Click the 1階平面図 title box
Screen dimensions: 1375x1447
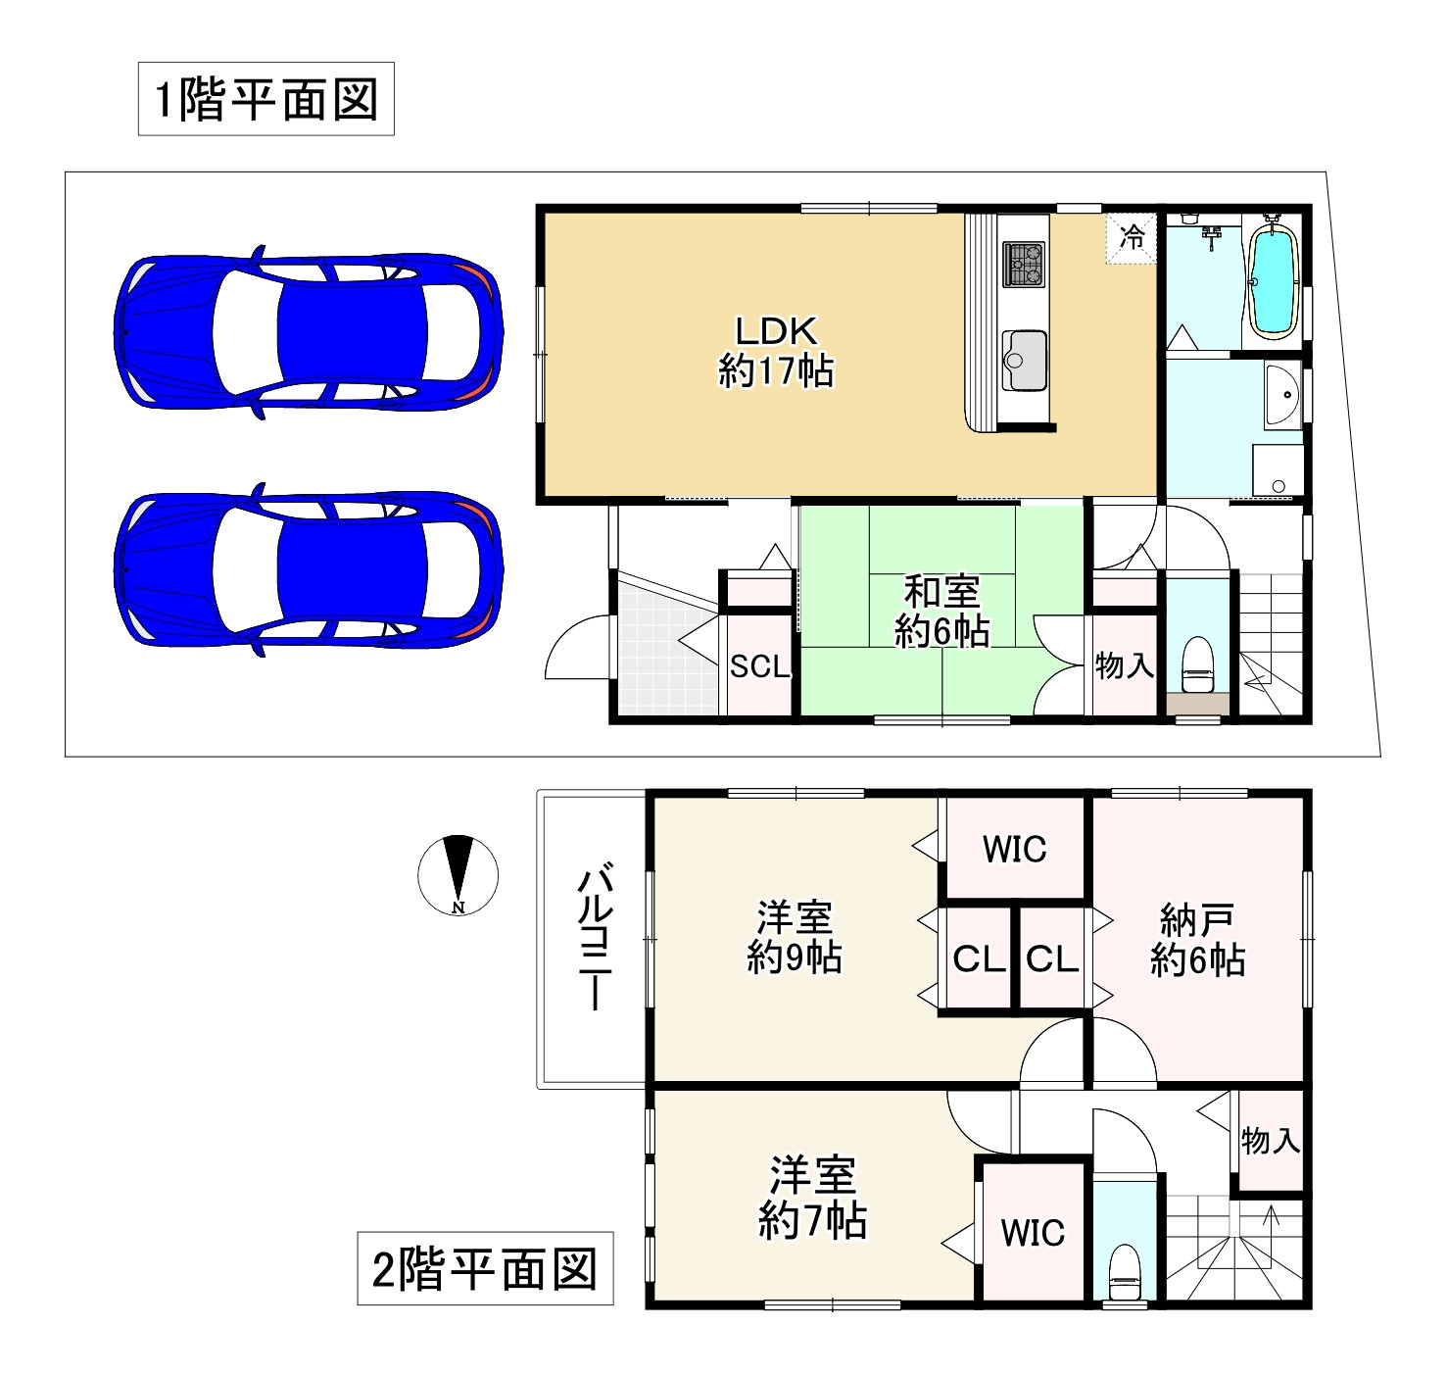pos(265,99)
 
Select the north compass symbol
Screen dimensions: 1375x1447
pos(458,874)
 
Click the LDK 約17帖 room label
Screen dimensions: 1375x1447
pos(776,351)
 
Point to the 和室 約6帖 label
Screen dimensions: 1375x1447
pos(941,612)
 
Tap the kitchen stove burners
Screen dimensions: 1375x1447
pos(1023,264)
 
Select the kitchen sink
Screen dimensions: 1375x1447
pos(1023,359)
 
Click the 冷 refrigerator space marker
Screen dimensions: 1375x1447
pos(1132,238)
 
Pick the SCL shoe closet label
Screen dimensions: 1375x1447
pos(760,666)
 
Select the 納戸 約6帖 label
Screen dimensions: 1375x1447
pos(1197,940)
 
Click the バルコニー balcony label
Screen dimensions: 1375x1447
pos(595,936)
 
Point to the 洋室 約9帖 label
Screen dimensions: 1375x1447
pos(794,938)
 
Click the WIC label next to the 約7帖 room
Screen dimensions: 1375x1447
pos(1033,1232)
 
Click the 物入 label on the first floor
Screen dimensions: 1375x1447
pos(1124,666)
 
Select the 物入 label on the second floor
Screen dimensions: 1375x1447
pos(1270,1141)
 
